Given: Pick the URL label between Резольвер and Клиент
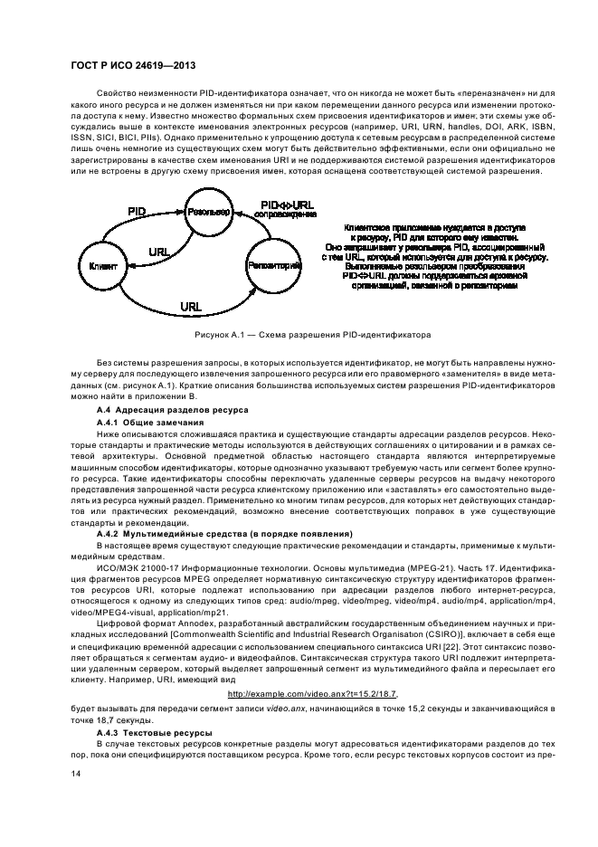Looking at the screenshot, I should pos(159,251).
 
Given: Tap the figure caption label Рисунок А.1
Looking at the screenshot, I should pos(221,336).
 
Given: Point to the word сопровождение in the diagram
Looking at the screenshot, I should pos(287,215).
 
